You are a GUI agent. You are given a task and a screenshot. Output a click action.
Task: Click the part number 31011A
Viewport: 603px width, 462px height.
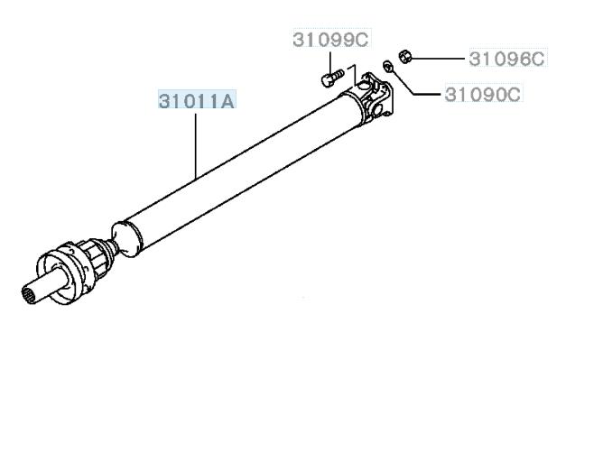pos(197,101)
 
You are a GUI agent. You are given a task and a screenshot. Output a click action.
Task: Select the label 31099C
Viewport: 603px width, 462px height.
pos(330,40)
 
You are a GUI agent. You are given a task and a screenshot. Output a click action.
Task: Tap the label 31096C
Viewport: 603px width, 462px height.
pos(506,59)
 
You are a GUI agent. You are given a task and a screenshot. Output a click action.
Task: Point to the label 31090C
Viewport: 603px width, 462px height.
pos(483,94)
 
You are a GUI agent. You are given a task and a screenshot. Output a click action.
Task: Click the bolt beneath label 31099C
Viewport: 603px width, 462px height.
pos(332,78)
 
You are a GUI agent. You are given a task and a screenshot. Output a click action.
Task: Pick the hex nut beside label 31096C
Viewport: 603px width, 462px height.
pos(405,57)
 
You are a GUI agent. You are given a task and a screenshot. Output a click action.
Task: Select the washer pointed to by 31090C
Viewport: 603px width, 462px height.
pos(387,66)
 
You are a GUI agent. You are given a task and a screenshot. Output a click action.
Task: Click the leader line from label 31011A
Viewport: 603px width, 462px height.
pos(196,146)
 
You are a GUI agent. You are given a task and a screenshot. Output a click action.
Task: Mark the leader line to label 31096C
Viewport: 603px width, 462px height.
pos(438,59)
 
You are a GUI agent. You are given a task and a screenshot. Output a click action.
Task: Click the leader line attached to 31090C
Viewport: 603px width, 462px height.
pos(412,83)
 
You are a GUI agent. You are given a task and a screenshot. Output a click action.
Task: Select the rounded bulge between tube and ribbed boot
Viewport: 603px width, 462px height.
pos(125,238)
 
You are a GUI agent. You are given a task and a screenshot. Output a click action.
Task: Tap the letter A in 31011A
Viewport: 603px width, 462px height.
pos(226,101)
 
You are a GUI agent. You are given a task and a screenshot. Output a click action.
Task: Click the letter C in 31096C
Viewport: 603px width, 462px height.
pos(536,59)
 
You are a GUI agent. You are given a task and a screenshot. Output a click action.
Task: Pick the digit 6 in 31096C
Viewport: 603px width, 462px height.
pos(520,59)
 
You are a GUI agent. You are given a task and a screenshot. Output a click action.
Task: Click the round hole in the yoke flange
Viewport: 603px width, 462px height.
pos(378,107)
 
